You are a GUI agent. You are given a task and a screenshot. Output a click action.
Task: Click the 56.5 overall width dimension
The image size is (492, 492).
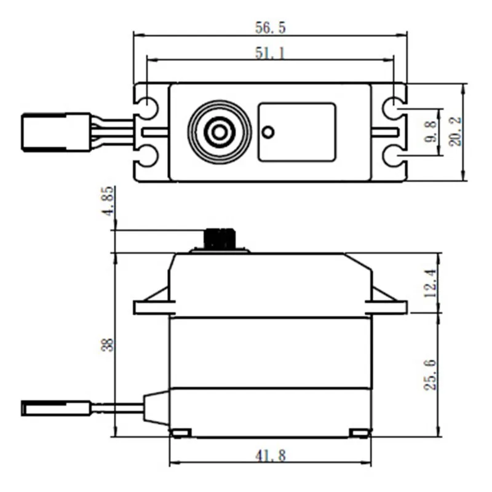coord(270,28)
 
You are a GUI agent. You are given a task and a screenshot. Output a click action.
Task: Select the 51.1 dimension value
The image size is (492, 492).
coord(270,54)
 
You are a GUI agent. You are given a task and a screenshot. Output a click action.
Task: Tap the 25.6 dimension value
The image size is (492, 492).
coord(430,374)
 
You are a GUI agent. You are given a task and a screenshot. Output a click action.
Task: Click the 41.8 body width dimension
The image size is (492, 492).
coord(270,455)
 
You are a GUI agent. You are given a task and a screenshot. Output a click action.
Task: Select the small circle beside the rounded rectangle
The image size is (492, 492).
coord(268,132)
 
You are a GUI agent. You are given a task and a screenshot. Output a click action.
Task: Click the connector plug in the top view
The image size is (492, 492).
coord(55,132)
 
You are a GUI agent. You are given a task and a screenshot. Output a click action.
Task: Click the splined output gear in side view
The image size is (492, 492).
coord(220,239)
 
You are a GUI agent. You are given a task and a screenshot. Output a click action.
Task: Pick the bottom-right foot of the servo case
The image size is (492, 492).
coord(360,434)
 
